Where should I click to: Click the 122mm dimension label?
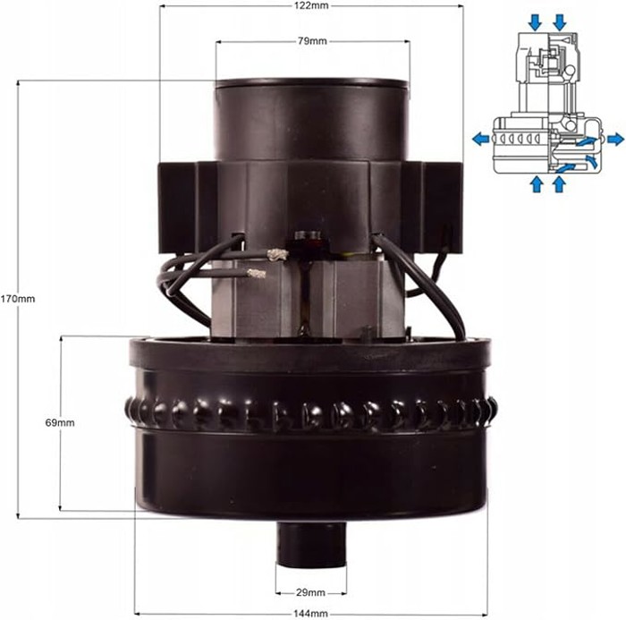click(x=311, y=5)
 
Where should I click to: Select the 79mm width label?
click(x=312, y=41)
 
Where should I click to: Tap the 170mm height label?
click(x=18, y=299)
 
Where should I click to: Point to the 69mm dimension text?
click(x=60, y=422)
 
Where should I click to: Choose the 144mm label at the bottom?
click(x=311, y=614)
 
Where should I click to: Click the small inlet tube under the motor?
click(x=311, y=544)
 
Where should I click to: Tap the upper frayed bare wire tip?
click(x=277, y=254)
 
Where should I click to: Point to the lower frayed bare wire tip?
click(x=257, y=273)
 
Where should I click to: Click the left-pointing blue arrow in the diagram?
click(x=481, y=140)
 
